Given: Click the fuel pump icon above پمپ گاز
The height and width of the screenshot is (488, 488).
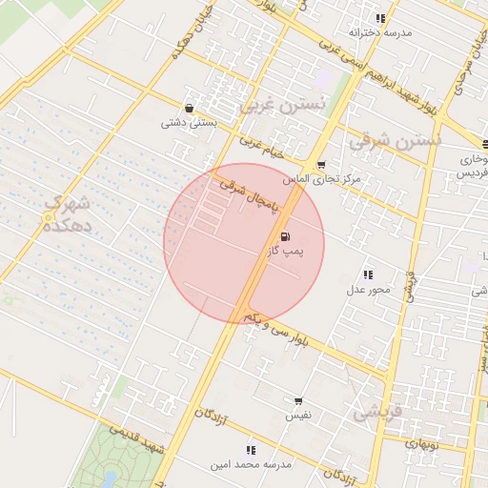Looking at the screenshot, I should point(285,237).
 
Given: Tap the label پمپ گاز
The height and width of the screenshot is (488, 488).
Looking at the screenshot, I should point(285,252).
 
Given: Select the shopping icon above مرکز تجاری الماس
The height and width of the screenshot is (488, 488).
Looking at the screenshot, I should point(320,165).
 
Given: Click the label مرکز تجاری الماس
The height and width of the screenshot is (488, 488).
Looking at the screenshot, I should point(321,179).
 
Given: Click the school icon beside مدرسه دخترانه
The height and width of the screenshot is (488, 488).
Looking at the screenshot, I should point(380,18).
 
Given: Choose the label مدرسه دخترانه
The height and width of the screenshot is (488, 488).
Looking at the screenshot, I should point(380,32).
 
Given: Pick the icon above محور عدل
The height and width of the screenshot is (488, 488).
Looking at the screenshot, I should point(368,274).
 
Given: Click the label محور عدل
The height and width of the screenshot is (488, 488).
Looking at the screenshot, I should point(368,289).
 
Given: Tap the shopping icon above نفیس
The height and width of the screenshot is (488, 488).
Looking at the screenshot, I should point(298,401).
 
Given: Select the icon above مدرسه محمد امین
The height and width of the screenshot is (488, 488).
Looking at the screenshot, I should point(251,449).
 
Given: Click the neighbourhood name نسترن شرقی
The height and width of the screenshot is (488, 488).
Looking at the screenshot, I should point(395,140).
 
